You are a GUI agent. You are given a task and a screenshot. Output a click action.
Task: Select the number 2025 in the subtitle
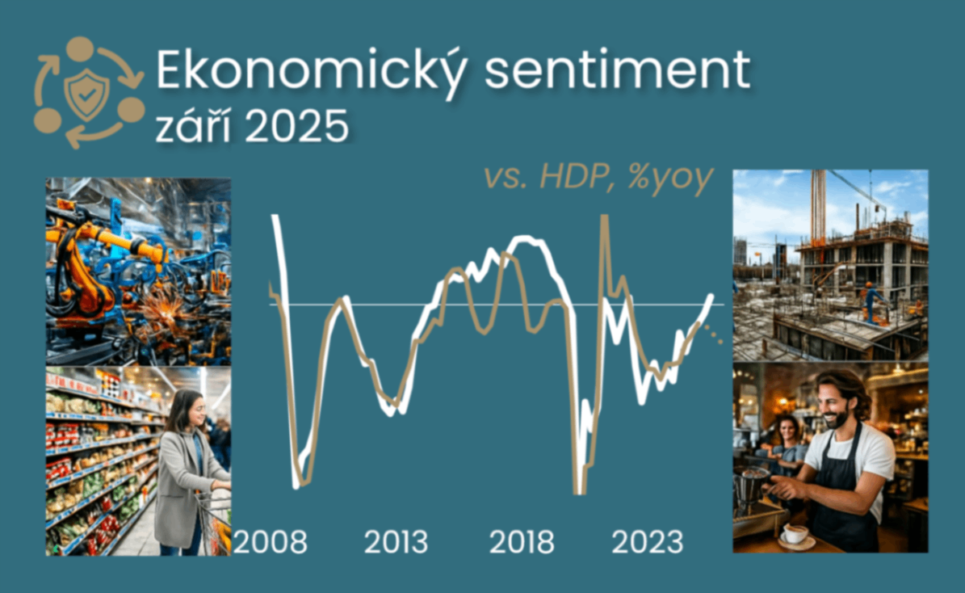pos(297,127)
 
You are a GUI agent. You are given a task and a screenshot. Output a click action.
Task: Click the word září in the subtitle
pos(195,125)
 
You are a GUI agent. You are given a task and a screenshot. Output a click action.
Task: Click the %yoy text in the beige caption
pos(670,179)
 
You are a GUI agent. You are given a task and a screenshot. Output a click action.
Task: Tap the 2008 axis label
pos(271,542)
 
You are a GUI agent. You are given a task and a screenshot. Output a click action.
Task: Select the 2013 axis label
pos(396,542)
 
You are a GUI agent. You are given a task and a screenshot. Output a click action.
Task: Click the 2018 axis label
pos(522,542)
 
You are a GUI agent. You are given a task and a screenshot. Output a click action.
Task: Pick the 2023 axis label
pos(648,542)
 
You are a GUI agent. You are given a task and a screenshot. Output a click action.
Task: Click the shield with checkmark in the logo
pos(86,95)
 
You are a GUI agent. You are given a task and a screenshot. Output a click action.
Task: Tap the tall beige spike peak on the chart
pos(604,217)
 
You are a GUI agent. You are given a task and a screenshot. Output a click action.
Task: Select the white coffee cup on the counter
pos(795,534)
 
